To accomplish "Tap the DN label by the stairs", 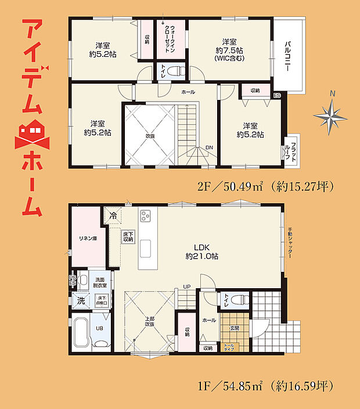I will (x=208, y=148).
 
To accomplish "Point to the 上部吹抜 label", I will (x=149, y=321).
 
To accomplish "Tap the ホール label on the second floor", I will (x=188, y=92).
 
